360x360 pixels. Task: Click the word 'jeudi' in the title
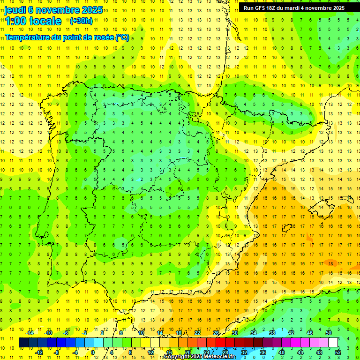tap(15, 10)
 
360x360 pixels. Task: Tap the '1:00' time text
tap(16, 21)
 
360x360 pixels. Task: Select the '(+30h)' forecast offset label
tap(81, 21)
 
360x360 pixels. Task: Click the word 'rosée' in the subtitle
tap(103, 37)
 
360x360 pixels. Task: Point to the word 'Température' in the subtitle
tap(30, 37)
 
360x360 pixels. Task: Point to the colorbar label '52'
tap(338, 352)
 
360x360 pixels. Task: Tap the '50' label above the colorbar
tap(328, 333)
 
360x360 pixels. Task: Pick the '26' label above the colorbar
tap(216, 333)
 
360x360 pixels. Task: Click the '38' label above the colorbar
tap(272, 333)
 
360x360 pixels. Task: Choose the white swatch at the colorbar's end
tap(333, 342)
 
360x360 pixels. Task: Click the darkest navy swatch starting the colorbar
tap(23, 342)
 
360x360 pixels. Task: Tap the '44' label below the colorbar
tap(300, 352)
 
